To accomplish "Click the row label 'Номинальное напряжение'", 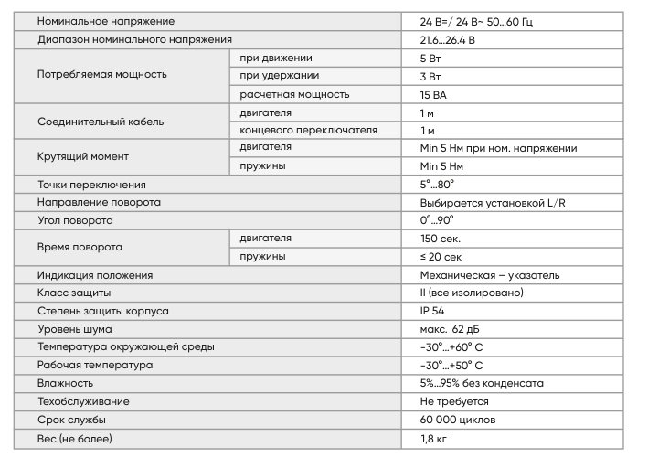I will pos(106,21).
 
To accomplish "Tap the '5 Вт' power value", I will pos(431,59).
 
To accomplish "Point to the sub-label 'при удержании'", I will pos(279,76).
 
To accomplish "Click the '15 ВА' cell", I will pos(434,94).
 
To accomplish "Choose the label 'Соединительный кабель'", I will pos(101,122).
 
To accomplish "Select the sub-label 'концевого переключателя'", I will pos(308,130).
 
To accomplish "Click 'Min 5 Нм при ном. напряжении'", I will pos(498,148).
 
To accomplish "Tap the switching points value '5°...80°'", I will pos(437,185).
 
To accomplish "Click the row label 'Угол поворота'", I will pos(76,220).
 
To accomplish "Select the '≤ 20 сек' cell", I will pos(441,257).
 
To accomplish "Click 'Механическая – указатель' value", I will pos(490,275).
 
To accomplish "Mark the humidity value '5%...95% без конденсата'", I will pos(482,383).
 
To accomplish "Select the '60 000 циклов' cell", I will pos(458,420).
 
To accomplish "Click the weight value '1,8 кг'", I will pos(434,440).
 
